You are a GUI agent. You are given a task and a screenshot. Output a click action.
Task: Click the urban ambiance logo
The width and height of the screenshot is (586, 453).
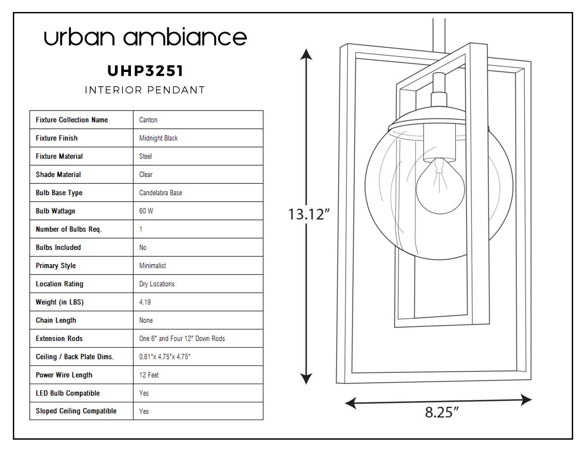click(x=145, y=36)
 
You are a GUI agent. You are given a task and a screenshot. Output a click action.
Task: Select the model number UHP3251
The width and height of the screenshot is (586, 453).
click(x=145, y=71)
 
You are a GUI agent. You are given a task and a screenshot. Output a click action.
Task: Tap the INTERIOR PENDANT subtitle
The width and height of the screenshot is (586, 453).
click(x=145, y=90)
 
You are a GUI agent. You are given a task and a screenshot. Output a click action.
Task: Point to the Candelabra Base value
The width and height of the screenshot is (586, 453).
click(x=160, y=193)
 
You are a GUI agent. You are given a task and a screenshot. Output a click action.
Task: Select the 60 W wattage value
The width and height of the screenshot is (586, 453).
click(x=146, y=211)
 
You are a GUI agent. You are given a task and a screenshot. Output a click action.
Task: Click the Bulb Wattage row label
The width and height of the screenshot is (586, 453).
click(x=55, y=211)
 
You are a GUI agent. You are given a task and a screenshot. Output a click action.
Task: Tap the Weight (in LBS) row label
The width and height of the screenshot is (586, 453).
click(x=59, y=302)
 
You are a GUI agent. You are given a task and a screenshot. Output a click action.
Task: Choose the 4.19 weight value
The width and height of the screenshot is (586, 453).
click(x=145, y=302)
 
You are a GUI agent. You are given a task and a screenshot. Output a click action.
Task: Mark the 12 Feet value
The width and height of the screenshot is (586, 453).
click(x=149, y=375)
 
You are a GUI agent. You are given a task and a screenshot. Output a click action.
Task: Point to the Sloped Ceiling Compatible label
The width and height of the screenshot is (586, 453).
click(x=76, y=411)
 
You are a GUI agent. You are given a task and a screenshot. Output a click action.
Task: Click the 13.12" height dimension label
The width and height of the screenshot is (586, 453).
click(x=309, y=215)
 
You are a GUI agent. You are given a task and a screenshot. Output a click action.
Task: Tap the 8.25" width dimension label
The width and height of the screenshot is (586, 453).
click(x=442, y=412)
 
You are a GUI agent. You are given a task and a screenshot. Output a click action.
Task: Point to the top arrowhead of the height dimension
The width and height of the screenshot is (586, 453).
click(x=306, y=54)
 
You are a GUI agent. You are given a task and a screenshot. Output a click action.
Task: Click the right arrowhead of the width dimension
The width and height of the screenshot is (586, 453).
click(x=526, y=400)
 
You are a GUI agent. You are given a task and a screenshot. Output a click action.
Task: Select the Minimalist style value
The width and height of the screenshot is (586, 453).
click(x=152, y=266)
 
